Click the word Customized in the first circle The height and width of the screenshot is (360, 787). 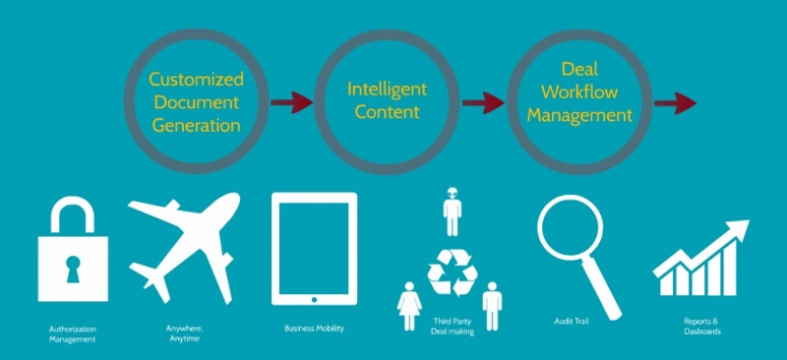pos(196,80)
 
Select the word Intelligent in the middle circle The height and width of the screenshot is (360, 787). pos(387,90)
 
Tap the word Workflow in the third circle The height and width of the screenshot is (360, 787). pos(579,92)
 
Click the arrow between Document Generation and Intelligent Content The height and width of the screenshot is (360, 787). pos(291,103)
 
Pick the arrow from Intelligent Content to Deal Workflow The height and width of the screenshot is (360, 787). pos(483,103)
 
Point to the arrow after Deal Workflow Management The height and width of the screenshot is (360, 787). pos(675,103)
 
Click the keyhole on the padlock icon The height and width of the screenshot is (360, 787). pos(73,269)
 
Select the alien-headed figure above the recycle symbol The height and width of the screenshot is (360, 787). pos(453,210)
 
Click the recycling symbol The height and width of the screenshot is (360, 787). pos(453,272)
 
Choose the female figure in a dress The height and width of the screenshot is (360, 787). pos(409,305)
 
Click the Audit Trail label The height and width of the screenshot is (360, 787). pos(570,322)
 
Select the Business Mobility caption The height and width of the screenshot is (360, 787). pos(314,329)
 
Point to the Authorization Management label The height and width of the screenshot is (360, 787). pos(73,334)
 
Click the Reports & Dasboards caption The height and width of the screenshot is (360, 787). pos(702,327)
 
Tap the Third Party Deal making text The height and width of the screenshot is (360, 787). pos(453,327)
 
